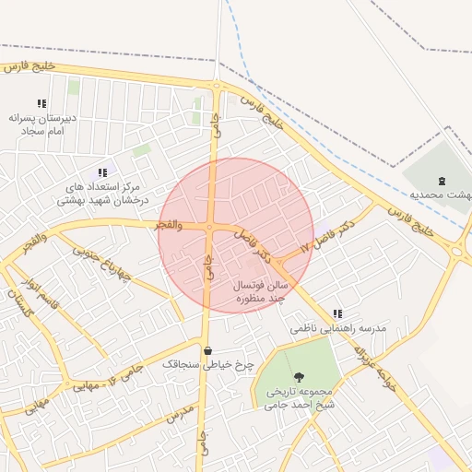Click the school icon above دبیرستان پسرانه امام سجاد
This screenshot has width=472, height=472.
41,104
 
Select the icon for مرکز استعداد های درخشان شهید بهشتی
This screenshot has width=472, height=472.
102,172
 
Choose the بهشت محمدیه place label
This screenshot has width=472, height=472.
440,195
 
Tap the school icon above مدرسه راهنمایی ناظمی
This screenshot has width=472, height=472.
336,313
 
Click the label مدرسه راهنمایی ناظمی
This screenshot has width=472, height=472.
337,328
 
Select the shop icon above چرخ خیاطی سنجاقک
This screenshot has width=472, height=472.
207,350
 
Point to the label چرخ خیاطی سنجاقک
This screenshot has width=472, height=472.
207,365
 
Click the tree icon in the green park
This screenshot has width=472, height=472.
299,376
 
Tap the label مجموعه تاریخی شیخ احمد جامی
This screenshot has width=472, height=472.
299,397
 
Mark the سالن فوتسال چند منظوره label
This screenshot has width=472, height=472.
263,292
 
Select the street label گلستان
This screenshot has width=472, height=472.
18,301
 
